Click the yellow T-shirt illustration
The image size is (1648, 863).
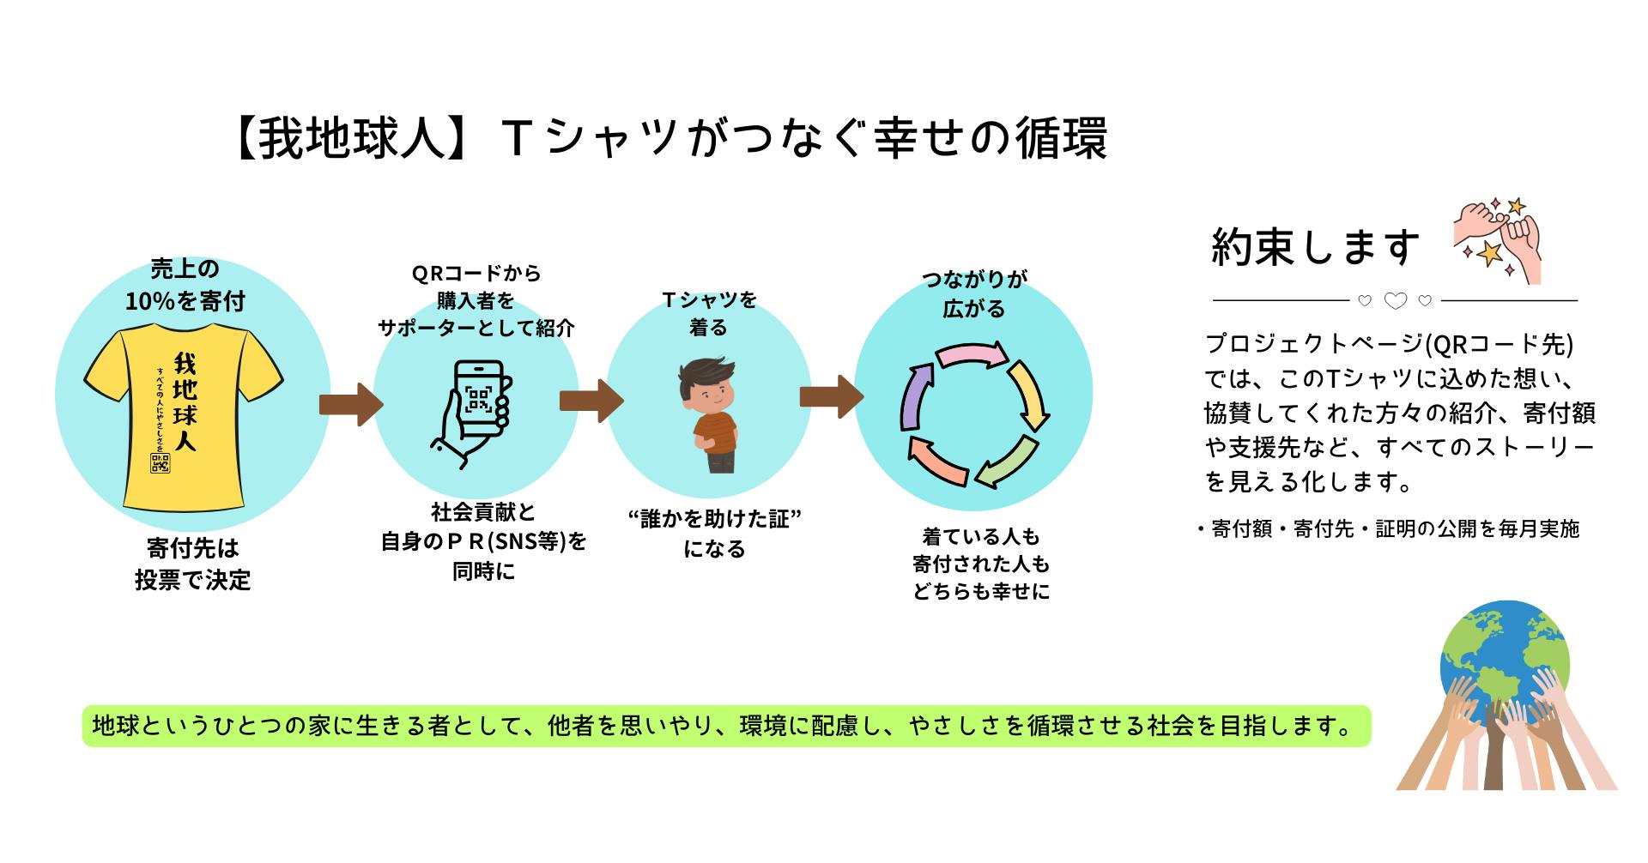[x=184, y=420]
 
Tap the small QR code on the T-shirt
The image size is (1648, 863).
[x=161, y=463]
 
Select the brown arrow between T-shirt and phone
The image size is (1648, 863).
[x=351, y=404]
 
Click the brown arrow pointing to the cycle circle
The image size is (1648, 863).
[x=832, y=396]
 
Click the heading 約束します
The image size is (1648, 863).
[x=1316, y=247]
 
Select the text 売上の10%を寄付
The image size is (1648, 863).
[x=185, y=285]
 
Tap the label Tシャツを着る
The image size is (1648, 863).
[x=709, y=313]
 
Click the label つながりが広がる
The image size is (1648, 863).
[x=974, y=293]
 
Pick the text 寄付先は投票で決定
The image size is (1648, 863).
[x=192, y=564]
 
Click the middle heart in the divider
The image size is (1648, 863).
[x=1396, y=301]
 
